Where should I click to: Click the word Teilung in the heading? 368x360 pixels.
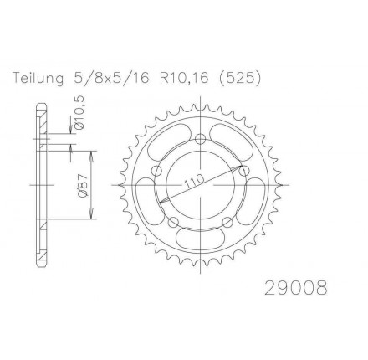coord(38,79)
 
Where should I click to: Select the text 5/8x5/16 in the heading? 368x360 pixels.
coord(111,79)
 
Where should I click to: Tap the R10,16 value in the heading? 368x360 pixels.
coord(184,79)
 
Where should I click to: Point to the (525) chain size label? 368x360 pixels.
coord(240,79)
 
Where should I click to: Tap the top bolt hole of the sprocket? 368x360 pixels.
coord(200,139)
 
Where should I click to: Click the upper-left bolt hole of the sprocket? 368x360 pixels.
coord(157,171)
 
